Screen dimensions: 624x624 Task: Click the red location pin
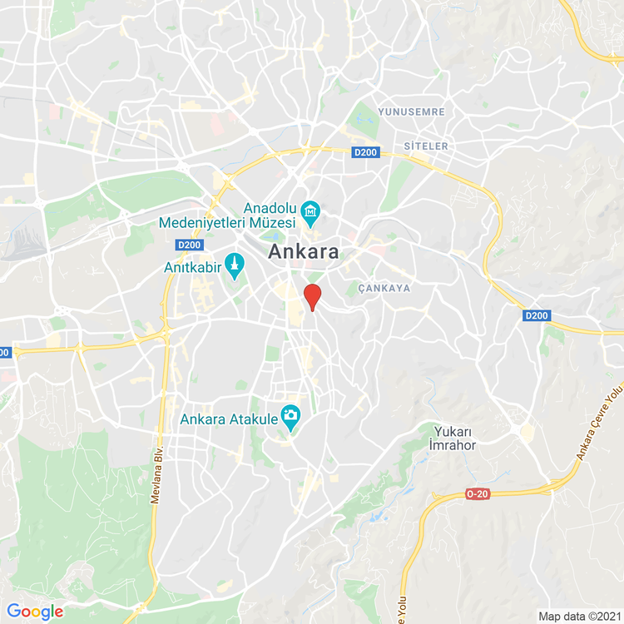coord(312,296)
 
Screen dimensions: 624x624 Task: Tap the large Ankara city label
coord(305,252)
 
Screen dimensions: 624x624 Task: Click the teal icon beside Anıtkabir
coord(236,267)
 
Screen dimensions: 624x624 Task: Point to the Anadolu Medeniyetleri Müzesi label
coord(228,215)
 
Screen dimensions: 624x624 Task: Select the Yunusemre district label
coord(411,111)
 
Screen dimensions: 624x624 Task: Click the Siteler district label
coord(426,146)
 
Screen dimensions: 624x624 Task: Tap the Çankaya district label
coord(384,288)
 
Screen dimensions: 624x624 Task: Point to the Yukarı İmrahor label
coord(453,438)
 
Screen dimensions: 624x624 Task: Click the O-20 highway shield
coord(477,494)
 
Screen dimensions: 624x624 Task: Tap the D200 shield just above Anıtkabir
coord(190,245)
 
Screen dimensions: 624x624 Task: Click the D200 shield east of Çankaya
coord(537,316)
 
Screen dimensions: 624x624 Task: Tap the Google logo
coord(35,612)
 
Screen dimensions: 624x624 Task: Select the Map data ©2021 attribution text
coord(578,617)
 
